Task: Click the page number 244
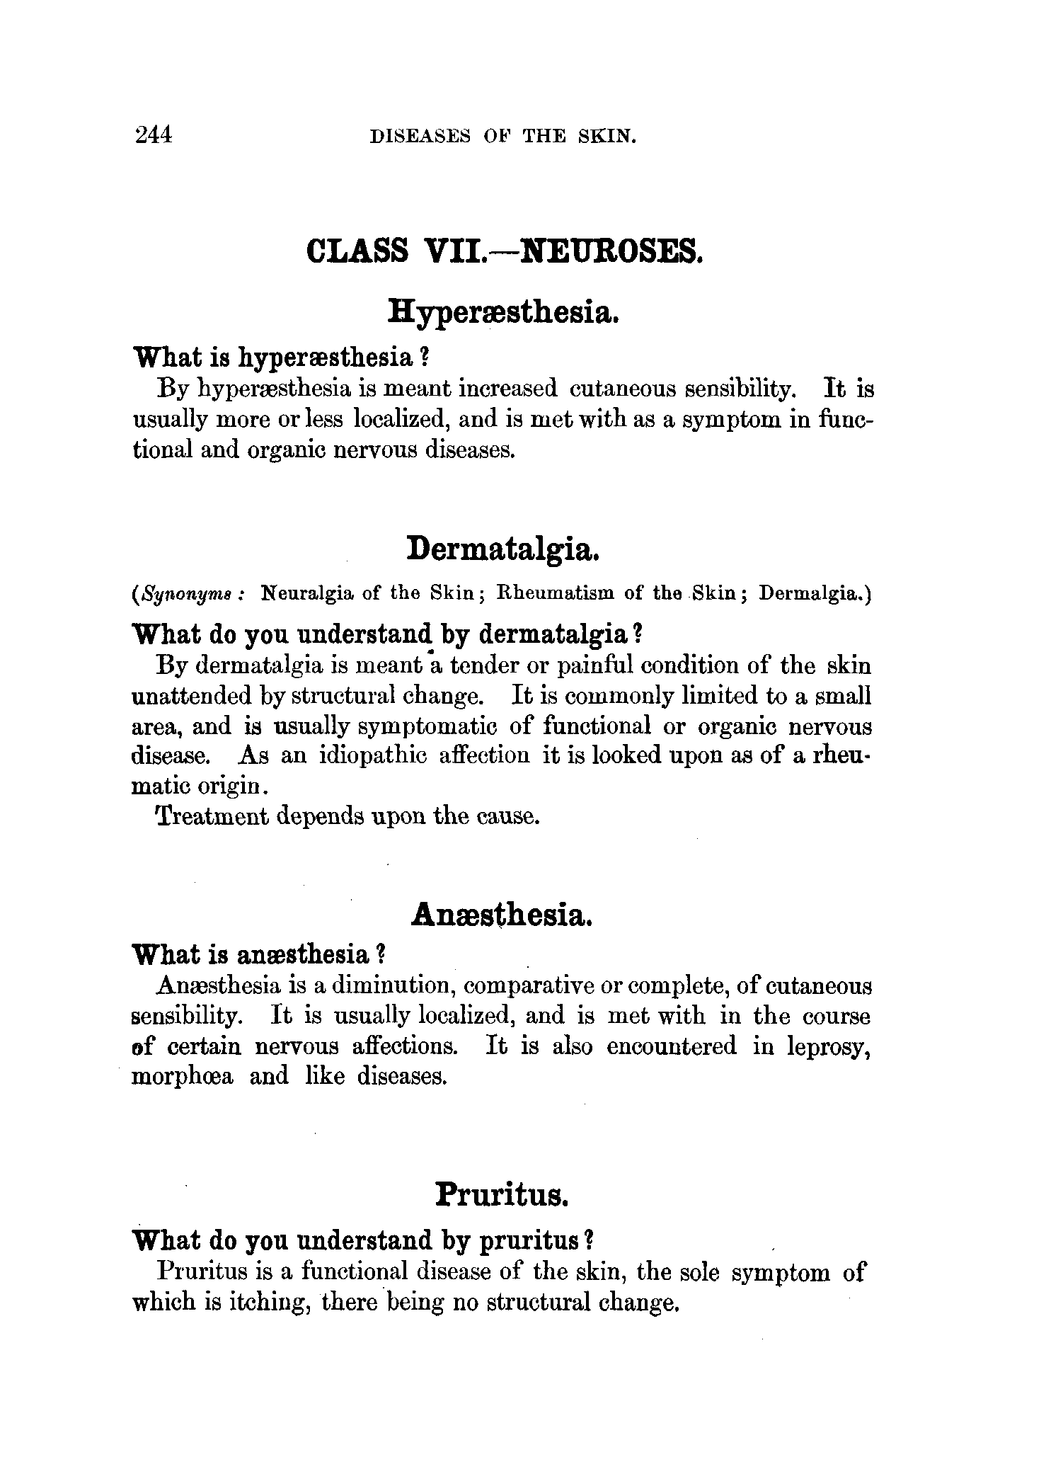[x=153, y=134]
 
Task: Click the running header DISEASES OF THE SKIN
[x=503, y=137]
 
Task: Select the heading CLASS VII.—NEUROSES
[x=505, y=251]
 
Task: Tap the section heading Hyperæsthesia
[x=505, y=312]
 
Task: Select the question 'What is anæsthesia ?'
[x=258, y=955]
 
